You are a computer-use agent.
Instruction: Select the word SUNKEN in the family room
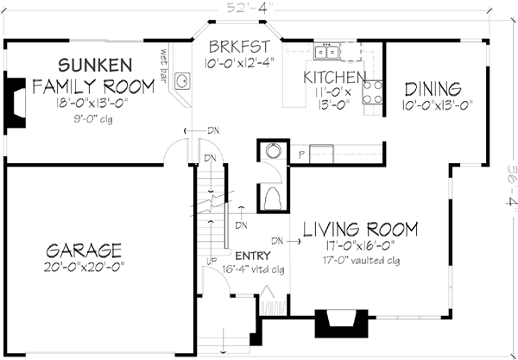click(95, 65)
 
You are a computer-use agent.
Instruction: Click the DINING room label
click(432, 89)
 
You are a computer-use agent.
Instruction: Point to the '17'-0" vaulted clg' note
click(359, 258)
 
